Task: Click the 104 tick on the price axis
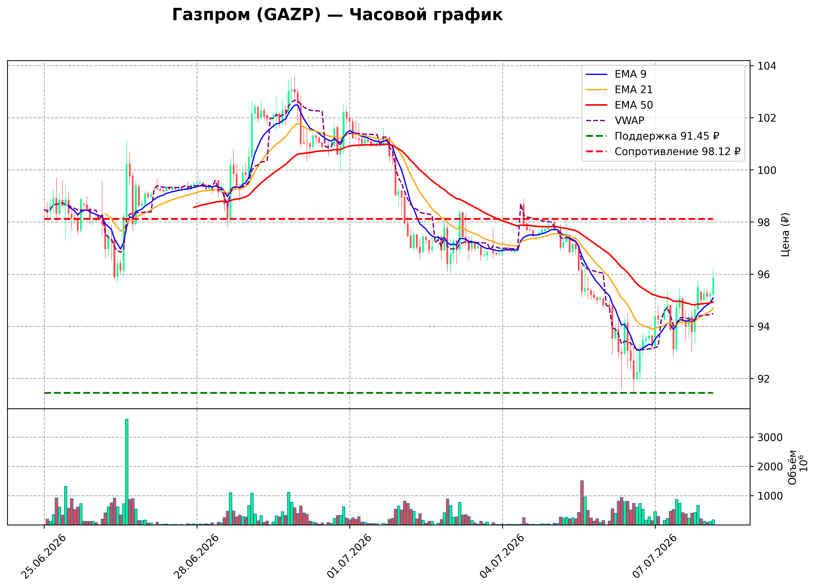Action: tap(767, 66)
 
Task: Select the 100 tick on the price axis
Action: tap(767, 170)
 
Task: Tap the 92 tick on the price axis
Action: tap(764, 379)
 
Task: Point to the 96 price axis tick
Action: tap(764, 275)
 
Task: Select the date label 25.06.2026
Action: tap(44, 557)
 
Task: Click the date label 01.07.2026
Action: tap(349, 557)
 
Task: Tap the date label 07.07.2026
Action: tap(655, 557)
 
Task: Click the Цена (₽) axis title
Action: tap(786, 235)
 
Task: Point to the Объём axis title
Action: tap(792, 467)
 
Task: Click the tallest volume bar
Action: tap(127, 472)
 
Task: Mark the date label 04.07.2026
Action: tap(502, 557)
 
